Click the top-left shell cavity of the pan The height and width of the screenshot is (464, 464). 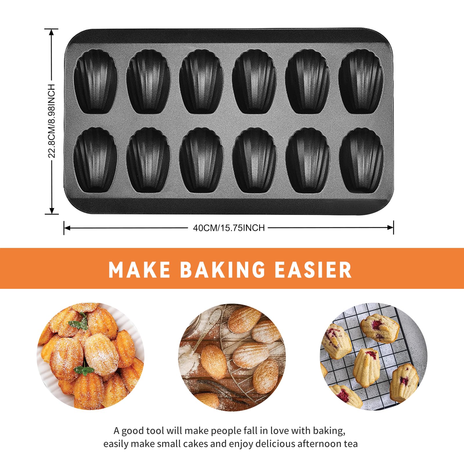[x=96, y=81]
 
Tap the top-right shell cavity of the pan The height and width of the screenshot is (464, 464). [x=361, y=81]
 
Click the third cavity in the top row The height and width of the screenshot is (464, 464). [x=201, y=81]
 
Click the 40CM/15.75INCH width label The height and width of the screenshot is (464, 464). [x=229, y=228]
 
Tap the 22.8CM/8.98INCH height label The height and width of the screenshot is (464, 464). [x=52, y=121]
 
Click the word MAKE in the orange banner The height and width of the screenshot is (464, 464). [x=139, y=270]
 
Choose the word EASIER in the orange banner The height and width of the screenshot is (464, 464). [x=313, y=270]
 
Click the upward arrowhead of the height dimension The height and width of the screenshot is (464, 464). [x=52, y=32]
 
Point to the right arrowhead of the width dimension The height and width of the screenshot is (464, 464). [x=390, y=228]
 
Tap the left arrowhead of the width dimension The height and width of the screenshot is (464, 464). [x=67, y=228]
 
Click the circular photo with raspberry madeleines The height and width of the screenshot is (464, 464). [x=374, y=356]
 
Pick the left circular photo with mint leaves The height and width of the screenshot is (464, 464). [x=90, y=356]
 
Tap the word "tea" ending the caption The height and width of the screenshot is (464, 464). [x=351, y=444]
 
